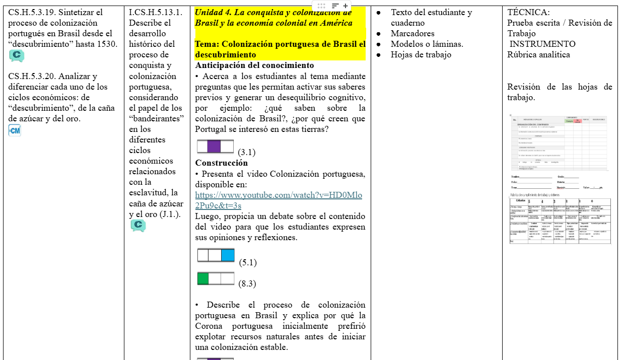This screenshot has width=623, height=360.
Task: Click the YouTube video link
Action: tap(279, 200)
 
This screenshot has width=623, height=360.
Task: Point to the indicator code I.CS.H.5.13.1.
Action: tap(156, 12)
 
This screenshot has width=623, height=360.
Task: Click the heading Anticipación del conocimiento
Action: tap(254, 65)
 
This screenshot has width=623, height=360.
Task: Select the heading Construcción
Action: tap(222, 163)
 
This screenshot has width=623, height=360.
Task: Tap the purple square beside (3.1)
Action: tap(214, 147)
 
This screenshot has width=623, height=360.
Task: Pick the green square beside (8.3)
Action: tap(203, 278)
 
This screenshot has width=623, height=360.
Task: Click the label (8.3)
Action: tap(247, 284)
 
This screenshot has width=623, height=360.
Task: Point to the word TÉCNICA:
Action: tap(528, 12)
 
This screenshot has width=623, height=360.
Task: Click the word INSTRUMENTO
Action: tap(542, 44)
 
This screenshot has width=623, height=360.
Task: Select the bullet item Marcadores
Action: tap(412, 34)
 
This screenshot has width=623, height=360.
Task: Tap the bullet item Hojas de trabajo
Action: tap(421, 55)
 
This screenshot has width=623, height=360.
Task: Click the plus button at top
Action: tap(345, 6)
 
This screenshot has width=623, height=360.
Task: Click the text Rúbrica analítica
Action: tap(538, 55)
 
